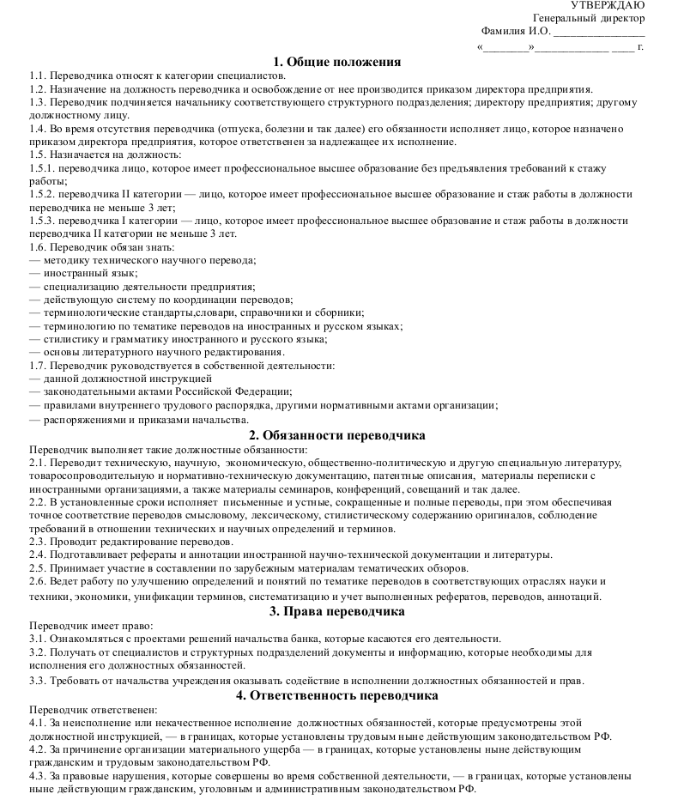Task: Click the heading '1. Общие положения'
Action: pyautogui.click(x=337, y=62)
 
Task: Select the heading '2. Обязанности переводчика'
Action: pyautogui.click(x=336, y=435)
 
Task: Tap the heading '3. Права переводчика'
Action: pyautogui.click(x=337, y=611)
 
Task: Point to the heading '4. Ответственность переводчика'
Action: pyautogui.click(x=337, y=695)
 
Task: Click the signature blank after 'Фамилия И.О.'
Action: pyautogui.click(x=599, y=33)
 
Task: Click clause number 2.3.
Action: pyautogui.click(x=38, y=542)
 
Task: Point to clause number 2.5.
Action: pyautogui.click(x=38, y=567)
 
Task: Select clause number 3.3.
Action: pyautogui.click(x=38, y=681)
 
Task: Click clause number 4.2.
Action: pyautogui.click(x=38, y=749)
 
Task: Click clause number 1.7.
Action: pyautogui.click(x=38, y=365)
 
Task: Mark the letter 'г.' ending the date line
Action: pyautogui.click(x=640, y=46)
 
